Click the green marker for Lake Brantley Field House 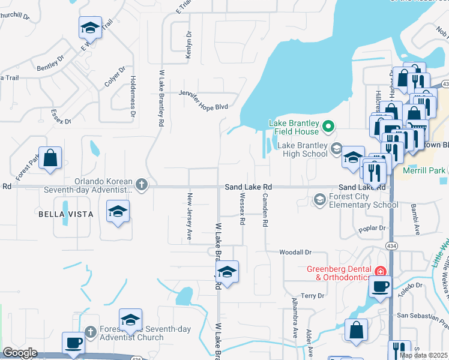(328, 127)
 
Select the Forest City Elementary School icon (320, 199)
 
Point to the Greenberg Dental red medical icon (379, 272)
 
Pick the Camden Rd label (264, 210)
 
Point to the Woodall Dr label (296, 253)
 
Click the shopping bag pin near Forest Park (51, 158)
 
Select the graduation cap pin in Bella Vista (118, 212)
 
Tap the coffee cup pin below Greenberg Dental (379, 286)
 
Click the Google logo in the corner (20, 353)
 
